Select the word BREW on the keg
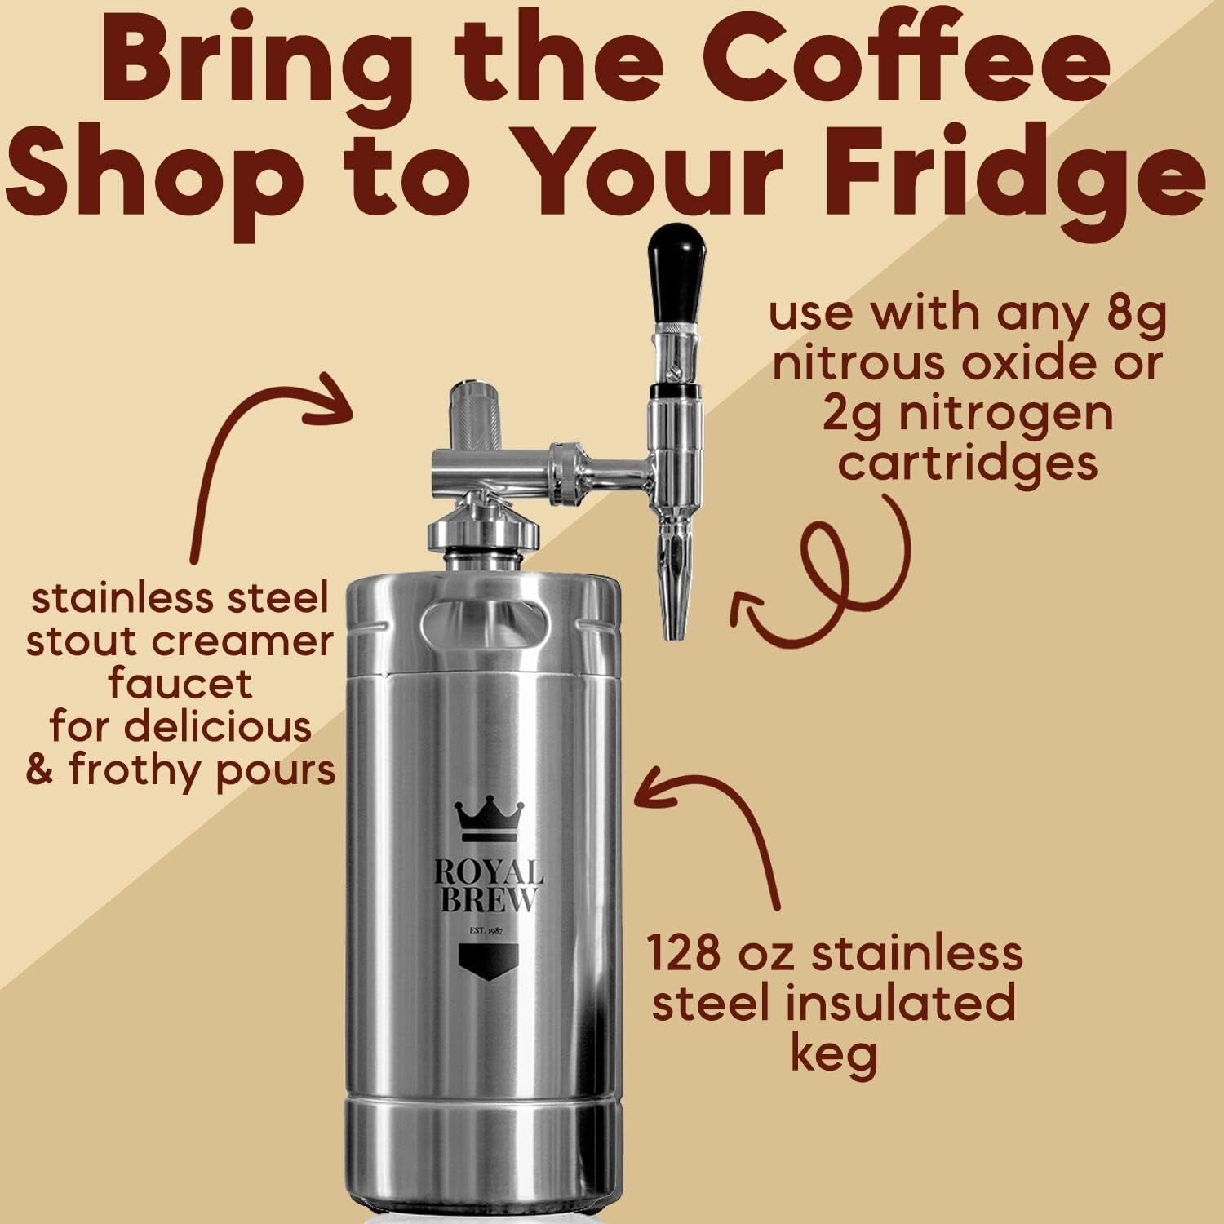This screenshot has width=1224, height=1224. [x=486, y=899]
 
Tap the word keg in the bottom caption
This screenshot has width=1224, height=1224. [x=833, y=1054]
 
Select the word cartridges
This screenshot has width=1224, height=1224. [x=968, y=463]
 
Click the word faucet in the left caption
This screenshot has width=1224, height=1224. [x=180, y=684]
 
